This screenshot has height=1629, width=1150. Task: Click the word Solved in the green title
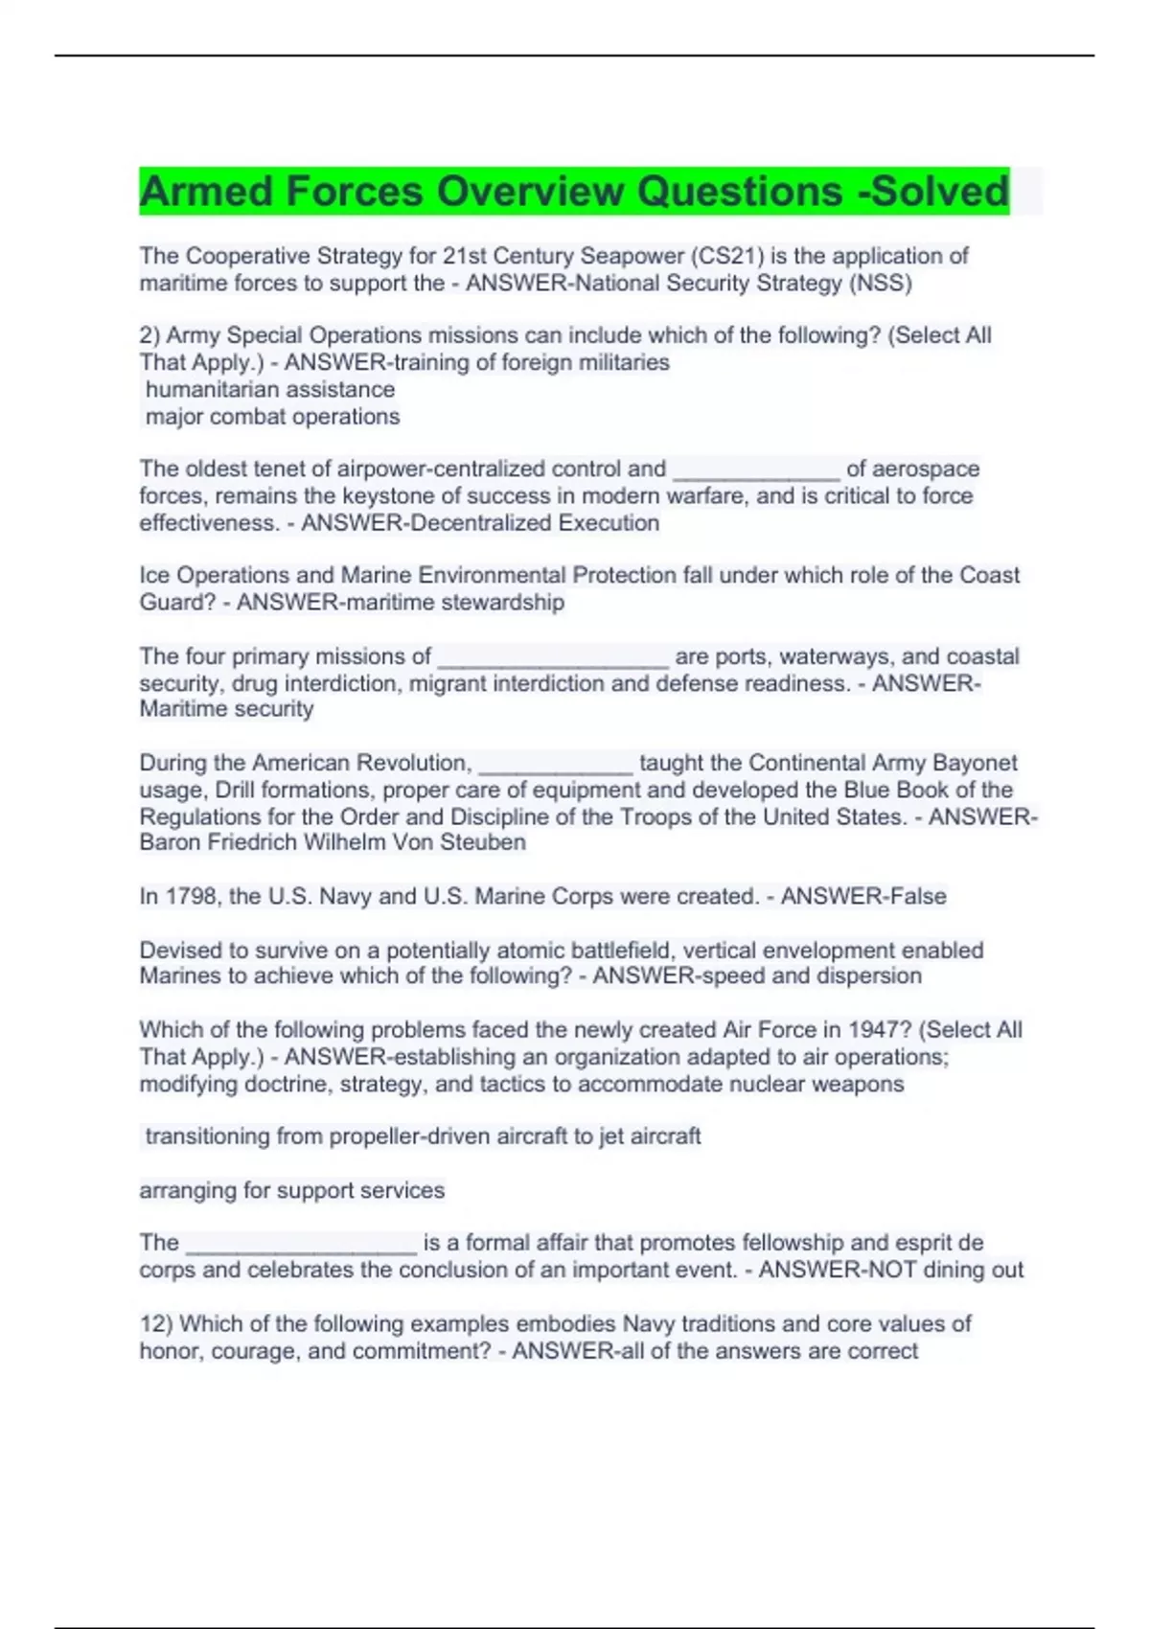[x=939, y=192]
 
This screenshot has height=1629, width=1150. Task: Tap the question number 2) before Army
[x=149, y=335]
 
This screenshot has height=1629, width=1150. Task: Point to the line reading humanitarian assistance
[x=270, y=390]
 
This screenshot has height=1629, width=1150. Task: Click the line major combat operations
[x=272, y=417]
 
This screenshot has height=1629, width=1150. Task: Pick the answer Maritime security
[x=227, y=709]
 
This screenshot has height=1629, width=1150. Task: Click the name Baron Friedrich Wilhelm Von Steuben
[x=333, y=842]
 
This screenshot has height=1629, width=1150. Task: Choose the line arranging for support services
[x=292, y=1190]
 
